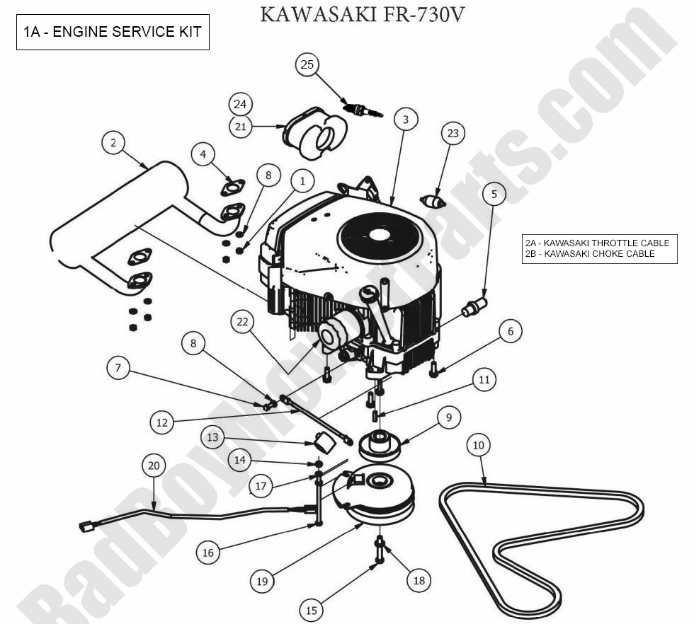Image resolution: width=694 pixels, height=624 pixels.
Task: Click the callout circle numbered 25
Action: click(307, 64)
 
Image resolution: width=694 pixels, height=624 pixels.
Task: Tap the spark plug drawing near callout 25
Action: click(363, 109)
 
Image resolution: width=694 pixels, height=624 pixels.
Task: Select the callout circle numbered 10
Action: click(479, 445)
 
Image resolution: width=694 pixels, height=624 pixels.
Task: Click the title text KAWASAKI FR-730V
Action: click(362, 14)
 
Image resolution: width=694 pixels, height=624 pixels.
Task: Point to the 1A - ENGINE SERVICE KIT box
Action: click(113, 32)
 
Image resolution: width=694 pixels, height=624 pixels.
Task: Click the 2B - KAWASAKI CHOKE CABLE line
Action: click(590, 254)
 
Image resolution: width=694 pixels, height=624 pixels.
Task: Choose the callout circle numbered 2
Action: click(113, 143)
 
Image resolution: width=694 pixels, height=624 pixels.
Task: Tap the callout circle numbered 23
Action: click(453, 134)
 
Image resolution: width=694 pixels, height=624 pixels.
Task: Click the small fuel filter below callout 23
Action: click(433, 202)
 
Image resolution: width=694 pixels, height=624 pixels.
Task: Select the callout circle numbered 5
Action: click(494, 194)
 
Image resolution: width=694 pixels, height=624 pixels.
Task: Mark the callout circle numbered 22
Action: click(242, 322)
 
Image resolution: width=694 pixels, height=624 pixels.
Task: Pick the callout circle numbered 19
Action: click(262, 581)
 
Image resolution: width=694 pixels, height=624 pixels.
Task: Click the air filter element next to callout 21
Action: click(315, 133)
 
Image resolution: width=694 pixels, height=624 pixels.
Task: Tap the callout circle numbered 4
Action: click(203, 154)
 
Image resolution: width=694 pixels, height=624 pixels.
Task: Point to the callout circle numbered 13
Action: click(213, 438)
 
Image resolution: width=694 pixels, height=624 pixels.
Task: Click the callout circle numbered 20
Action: click(154, 466)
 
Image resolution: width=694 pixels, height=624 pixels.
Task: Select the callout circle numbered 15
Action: click(311, 611)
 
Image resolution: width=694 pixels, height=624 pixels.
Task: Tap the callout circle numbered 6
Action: click(511, 331)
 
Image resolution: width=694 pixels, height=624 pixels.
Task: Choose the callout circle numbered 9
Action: click(449, 417)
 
